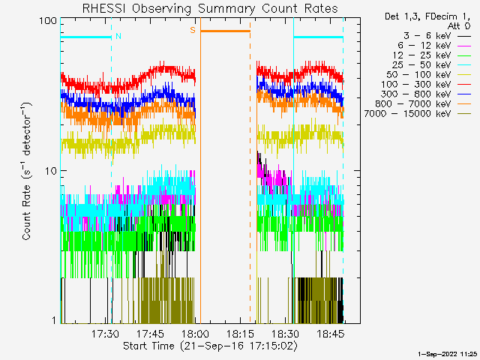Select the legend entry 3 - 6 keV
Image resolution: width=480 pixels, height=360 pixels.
(427, 36)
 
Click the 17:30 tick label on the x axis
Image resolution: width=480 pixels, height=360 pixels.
(105, 334)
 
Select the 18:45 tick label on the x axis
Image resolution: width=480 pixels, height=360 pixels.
(330, 334)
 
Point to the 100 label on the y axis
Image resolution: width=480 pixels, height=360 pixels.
(49, 20)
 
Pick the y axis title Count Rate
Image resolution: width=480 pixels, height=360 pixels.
(27, 171)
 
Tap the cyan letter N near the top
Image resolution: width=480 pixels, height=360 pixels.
(118, 36)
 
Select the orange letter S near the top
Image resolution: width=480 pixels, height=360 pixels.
(193, 30)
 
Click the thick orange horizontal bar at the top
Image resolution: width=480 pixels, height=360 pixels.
(225, 31)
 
